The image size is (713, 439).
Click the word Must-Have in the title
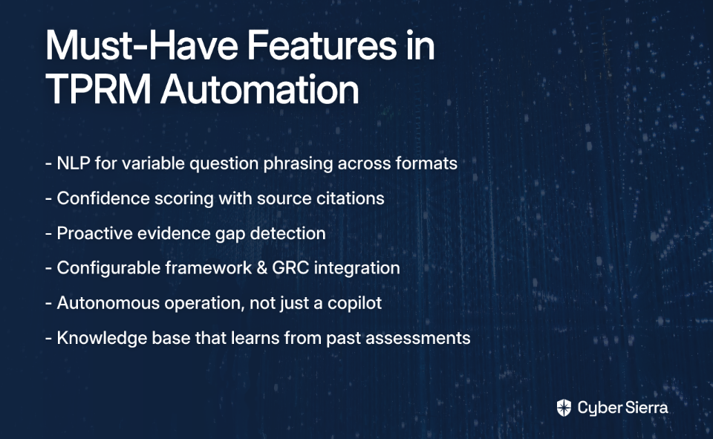point(141,45)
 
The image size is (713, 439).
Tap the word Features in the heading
point(322,45)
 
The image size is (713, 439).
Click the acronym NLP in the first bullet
point(74,163)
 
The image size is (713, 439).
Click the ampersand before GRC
point(261,268)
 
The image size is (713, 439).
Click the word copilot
point(354,303)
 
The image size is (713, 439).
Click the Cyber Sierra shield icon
point(564,408)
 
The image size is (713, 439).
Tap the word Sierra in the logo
point(645,407)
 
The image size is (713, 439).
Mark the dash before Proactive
point(49,234)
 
